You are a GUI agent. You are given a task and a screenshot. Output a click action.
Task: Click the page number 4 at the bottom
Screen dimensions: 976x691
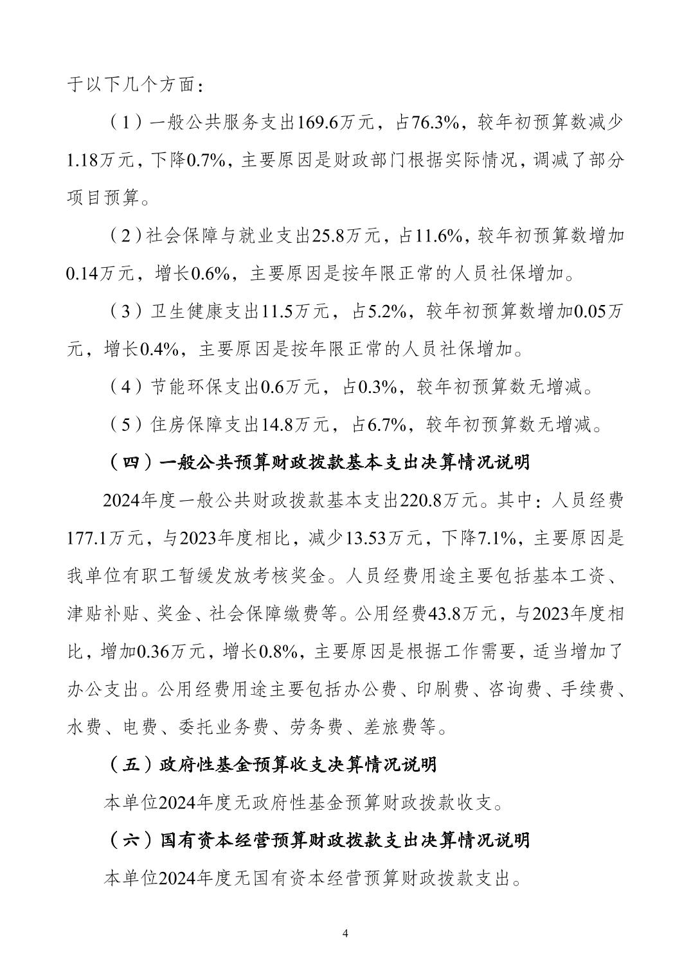(346, 932)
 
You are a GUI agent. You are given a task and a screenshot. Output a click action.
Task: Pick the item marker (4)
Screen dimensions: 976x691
(122, 387)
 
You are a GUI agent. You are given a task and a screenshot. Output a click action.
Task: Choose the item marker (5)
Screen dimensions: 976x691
(122, 424)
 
